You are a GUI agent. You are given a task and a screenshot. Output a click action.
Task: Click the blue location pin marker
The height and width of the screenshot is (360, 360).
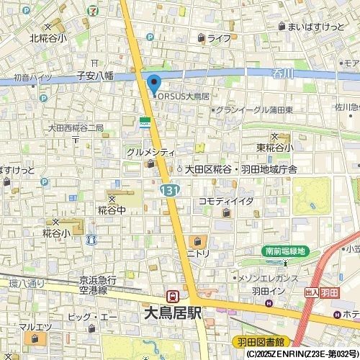154,82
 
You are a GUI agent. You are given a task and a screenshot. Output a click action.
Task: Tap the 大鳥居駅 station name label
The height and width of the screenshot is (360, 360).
173,313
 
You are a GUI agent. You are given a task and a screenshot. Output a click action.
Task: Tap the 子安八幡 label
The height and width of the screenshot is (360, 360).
96,74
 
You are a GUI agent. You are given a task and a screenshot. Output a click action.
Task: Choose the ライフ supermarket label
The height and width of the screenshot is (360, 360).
219,38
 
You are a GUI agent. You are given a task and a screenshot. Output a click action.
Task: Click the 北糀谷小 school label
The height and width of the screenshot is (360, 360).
48,38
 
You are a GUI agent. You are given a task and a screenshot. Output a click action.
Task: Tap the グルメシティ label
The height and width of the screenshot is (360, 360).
150,153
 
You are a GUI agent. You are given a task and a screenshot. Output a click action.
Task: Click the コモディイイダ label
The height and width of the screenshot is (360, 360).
226,201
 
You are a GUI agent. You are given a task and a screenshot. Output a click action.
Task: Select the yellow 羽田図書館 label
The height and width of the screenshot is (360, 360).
259,341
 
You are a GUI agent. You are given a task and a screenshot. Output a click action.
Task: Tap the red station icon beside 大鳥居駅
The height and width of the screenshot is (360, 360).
173,296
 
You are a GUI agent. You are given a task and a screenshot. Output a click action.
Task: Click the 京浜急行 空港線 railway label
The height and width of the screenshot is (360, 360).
93,285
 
